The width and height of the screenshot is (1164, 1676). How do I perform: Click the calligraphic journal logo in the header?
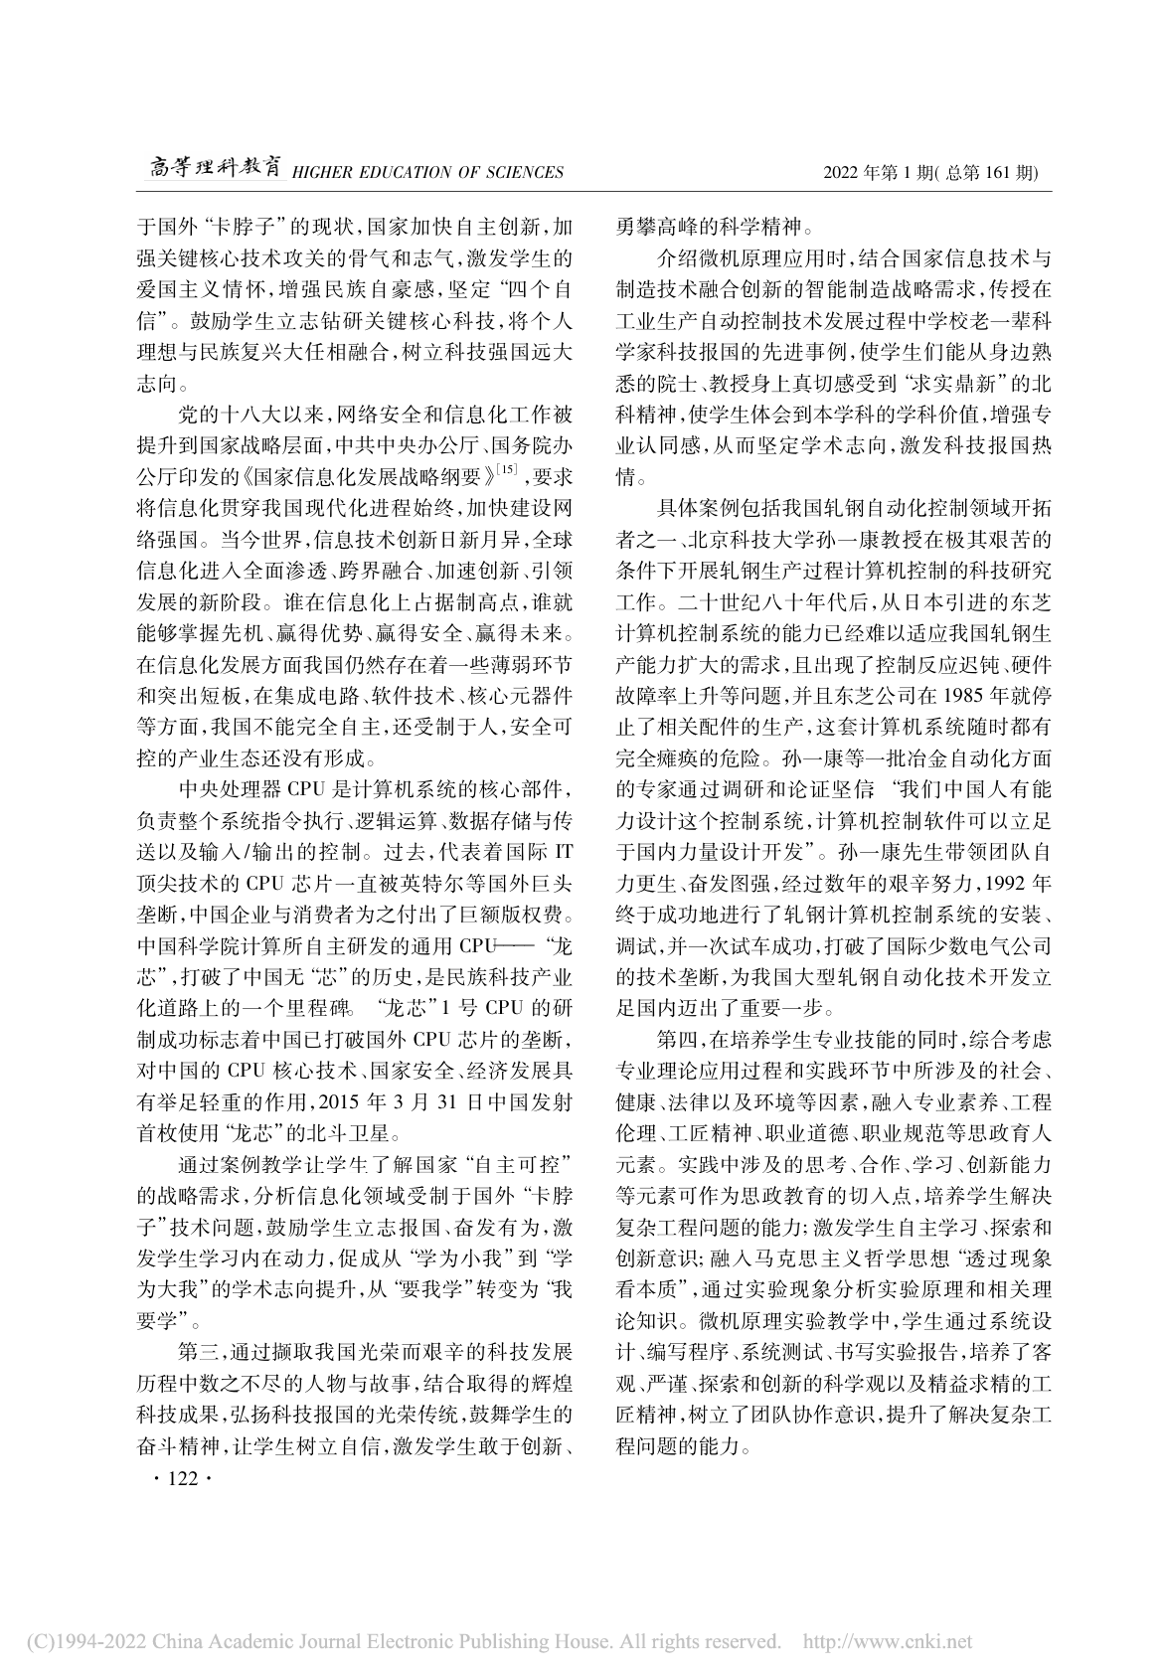210,170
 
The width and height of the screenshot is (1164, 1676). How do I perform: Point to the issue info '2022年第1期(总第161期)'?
930,173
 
